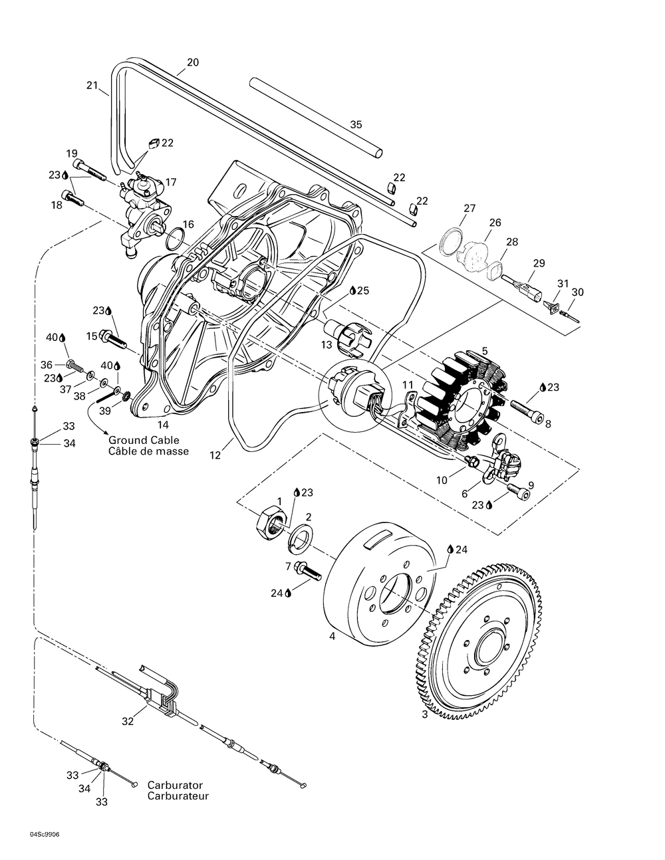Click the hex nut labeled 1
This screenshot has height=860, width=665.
click(x=271, y=522)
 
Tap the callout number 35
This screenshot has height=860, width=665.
click(x=356, y=125)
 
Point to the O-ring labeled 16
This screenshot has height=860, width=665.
click(x=176, y=239)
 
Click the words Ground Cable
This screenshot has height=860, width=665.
click(x=144, y=440)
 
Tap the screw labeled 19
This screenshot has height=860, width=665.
click(x=90, y=169)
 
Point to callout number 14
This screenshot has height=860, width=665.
click(x=163, y=425)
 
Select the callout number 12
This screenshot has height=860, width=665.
click(x=215, y=455)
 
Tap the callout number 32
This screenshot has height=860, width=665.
click(x=128, y=722)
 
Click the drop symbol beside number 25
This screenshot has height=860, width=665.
click(x=352, y=291)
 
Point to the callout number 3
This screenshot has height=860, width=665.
click(x=425, y=726)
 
